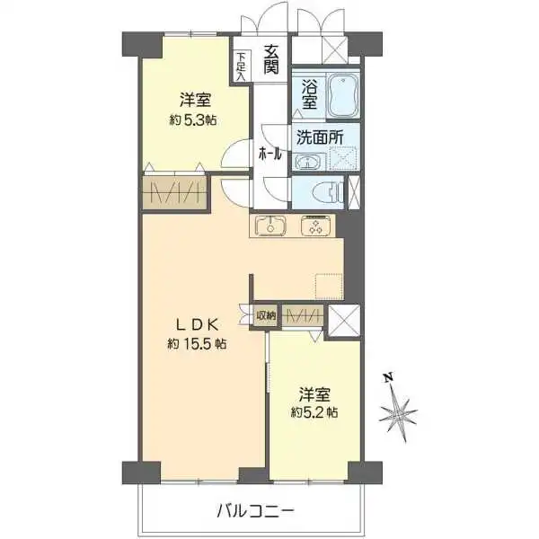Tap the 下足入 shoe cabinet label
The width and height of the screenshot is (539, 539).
point(241,66)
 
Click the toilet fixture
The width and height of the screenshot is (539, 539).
point(329,191)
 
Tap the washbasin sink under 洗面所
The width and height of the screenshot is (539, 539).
point(308,163)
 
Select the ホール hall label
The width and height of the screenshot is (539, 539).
point(271,154)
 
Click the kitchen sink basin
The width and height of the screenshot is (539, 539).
point(269,226)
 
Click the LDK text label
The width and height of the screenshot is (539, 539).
point(195,323)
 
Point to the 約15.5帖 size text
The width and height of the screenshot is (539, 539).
point(195,344)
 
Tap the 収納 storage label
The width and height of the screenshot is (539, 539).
point(266,315)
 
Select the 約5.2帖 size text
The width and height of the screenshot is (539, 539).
point(314,412)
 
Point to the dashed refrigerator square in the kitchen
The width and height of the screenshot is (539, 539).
point(328,286)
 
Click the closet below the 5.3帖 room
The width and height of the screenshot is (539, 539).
point(175,192)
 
